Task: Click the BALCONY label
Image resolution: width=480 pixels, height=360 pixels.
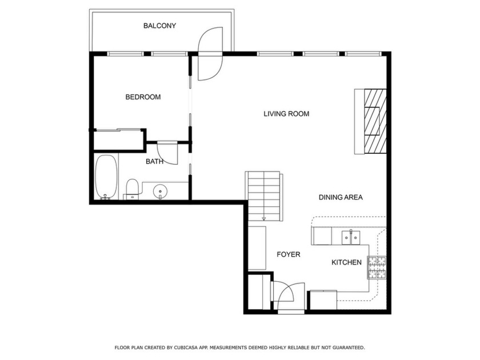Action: pyautogui.click(x=159, y=26)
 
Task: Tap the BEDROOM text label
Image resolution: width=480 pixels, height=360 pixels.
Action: pyautogui.click(x=143, y=97)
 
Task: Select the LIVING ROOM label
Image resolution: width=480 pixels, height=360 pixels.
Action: pyautogui.click(x=286, y=114)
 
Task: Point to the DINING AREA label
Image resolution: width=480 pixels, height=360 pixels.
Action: pyautogui.click(x=341, y=197)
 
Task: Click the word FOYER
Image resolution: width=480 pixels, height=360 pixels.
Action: pyautogui.click(x=289, y=254)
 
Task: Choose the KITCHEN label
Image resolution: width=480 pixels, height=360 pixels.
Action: pyautogui.click(x=347, y=262)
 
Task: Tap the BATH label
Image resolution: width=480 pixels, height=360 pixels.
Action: pyautogui.click(x=154, y=162)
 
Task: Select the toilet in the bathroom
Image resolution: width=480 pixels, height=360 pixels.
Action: pyautogui.click(x=132, y=189)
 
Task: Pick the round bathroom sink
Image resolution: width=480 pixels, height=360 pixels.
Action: pyautogui.click(x=160, y=190)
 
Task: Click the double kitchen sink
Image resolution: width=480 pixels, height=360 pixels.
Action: pyautogui.click(x=350, y=235)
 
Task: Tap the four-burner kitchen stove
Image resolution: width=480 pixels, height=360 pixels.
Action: pyautogui.click(x=377, y=267)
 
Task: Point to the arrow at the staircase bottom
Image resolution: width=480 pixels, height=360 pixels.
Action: pyautogui.click(x=264, y=217)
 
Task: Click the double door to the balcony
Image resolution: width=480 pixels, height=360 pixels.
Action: pyautogui.click(x=210, y=54)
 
